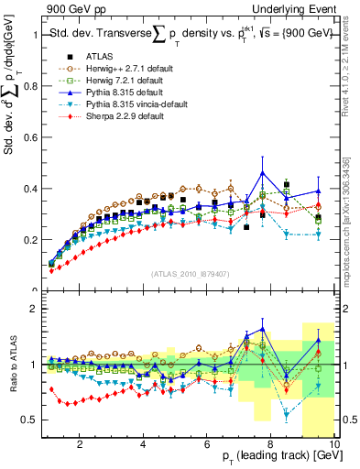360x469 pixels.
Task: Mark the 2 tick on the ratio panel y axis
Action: pos(35,309)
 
